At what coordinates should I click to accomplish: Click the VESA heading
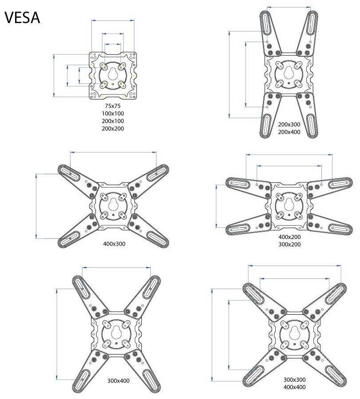(22, 18)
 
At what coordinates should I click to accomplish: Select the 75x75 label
(113, 106)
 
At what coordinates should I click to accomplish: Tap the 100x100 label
(113, 114)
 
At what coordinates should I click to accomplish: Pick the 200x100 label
(113, 121)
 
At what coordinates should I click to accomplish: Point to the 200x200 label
(113, 129)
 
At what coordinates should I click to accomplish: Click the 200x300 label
(289, 125)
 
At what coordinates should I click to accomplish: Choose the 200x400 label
(289, 132)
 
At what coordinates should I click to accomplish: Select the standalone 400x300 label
(114, 244)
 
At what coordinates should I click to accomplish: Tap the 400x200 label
(290, 237)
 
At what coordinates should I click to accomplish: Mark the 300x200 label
(290, 244)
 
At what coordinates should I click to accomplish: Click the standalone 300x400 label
(118, 380)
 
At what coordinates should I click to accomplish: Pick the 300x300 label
(294, 379)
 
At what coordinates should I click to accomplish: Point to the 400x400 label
(294, 387)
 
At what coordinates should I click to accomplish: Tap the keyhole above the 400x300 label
(113, 205)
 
